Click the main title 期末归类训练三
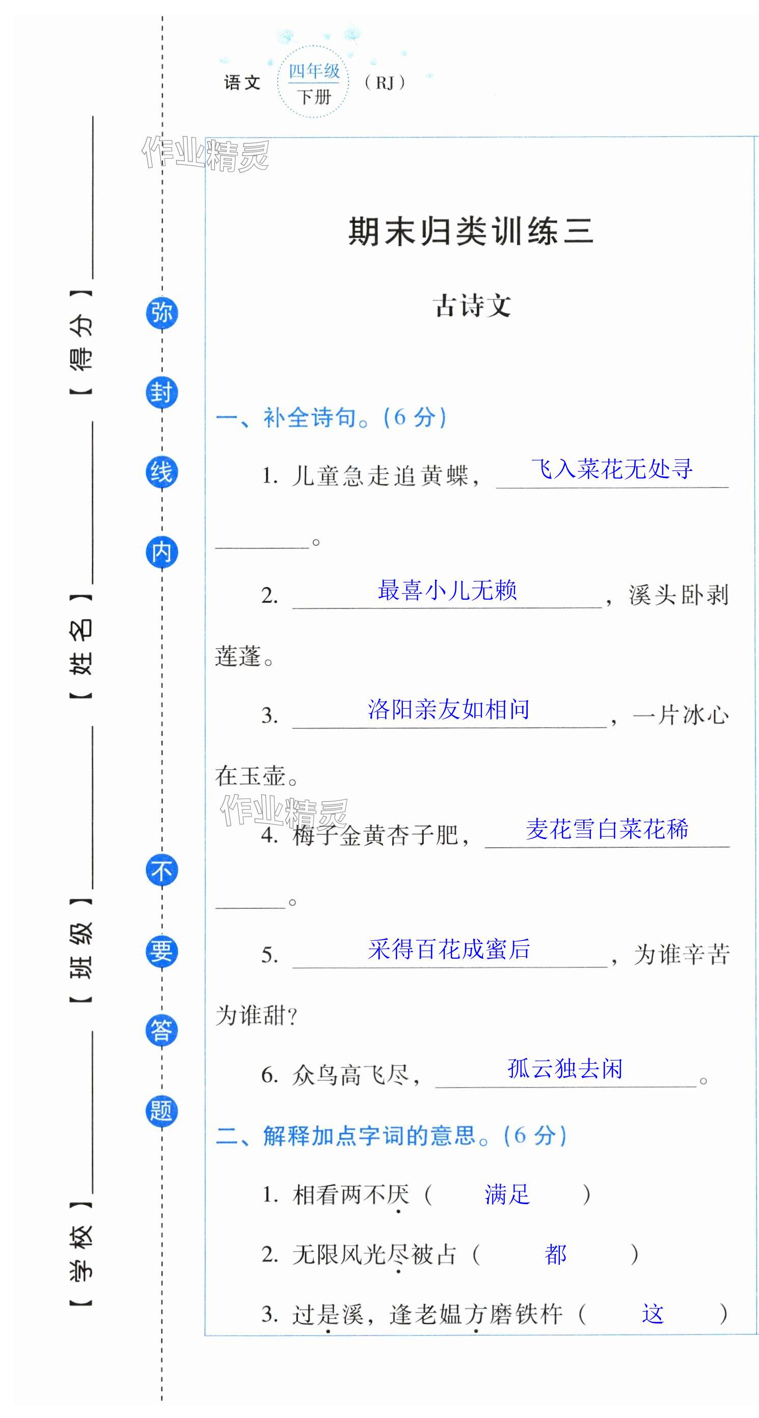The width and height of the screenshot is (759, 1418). pos(470,231)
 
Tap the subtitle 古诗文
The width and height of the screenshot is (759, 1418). pos(472,305)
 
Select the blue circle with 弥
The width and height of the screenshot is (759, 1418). pos(162,313)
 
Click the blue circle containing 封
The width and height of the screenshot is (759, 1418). pos(162,393)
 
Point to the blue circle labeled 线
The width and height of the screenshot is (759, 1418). pos(162,472)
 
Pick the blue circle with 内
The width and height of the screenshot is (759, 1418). pos(162,552)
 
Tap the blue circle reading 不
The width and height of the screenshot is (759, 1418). pos(162,871)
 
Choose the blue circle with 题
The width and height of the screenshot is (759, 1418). pos(162,1110)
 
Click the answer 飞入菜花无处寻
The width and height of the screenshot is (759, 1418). pos(611,469)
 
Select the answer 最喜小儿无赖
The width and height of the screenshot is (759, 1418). pos(447,590)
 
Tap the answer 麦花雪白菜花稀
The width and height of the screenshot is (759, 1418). pos(607,829)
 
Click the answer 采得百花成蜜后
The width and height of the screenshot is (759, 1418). pos(449,949)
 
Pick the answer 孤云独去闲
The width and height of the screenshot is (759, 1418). pos(565,1068)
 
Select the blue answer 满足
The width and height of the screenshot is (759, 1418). pos(507,1194)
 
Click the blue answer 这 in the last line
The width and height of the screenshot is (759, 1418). pos(653,1314)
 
